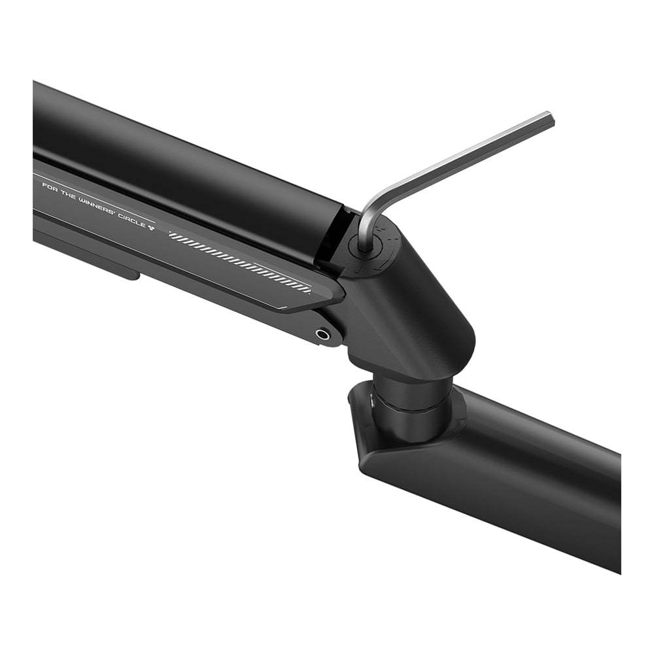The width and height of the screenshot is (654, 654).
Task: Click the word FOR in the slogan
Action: pos(49,185)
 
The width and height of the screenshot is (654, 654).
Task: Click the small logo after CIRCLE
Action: pos(151,226)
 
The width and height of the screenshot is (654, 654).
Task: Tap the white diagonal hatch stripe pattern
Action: pos(240,262)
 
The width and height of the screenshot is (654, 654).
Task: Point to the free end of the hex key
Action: pos(550,117)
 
